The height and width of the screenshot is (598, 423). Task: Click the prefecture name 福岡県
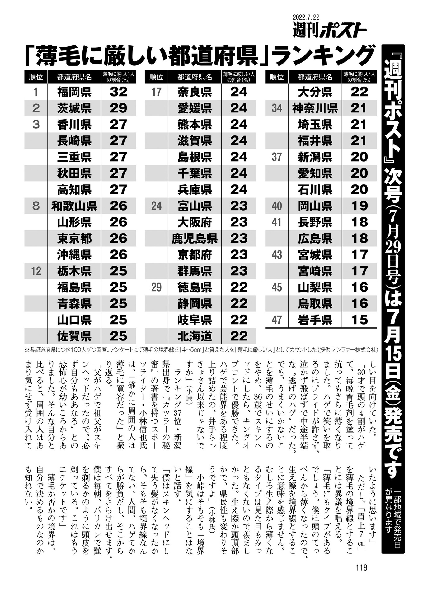[x=74, y=92]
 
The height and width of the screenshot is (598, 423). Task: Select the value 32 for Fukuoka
[x=118, y=92]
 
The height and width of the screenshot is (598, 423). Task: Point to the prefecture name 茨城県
[x=74, y=108]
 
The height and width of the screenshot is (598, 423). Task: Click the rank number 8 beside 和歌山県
[x=36, y=206]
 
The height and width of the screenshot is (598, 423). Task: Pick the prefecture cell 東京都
[x=74, y=239]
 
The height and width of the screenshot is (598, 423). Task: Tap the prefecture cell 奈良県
[x=195, y=92]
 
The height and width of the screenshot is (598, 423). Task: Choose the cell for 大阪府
[x=195, y=222]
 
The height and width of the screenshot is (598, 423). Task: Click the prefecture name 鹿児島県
[x=195, y=239]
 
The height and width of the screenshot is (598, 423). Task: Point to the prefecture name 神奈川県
[x=315, y=108]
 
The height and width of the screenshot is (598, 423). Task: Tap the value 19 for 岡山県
[x=359, y=206]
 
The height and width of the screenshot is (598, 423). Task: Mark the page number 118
[x=361, y=567]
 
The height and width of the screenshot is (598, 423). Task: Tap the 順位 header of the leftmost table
[x=36, y=77]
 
